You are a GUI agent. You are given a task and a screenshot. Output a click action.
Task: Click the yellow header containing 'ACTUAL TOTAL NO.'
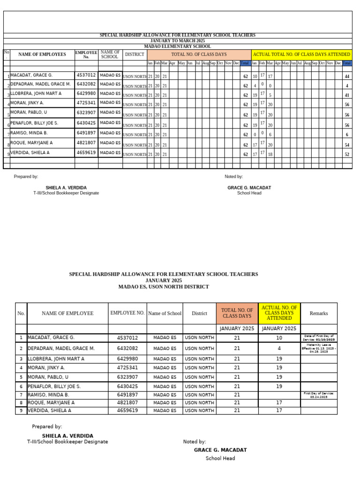[301, 54]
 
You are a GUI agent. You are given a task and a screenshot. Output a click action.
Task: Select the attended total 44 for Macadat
[347, 76]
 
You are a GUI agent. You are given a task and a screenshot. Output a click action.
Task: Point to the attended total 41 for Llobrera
[347, 95]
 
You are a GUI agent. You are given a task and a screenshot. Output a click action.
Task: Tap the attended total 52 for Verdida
[347, 154]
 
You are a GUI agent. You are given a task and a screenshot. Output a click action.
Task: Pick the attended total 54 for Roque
[347, 145]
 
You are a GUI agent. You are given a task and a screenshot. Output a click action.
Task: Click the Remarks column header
[319, 313]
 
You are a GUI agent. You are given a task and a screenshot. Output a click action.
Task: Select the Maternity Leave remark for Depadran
[319, 348]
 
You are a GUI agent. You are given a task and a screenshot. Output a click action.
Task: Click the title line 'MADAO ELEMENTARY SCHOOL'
[177, 46]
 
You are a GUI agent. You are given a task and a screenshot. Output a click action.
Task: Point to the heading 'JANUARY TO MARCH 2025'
[177, 41]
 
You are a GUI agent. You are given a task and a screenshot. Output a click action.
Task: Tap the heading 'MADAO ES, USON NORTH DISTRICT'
[164, 286]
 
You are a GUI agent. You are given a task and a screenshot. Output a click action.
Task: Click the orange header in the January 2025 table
[237, 313]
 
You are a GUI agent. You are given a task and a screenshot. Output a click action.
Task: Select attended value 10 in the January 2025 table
[279, 337]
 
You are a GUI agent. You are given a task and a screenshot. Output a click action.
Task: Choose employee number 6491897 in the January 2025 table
[127, 395]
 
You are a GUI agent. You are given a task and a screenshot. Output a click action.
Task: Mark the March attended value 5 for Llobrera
[270, 95]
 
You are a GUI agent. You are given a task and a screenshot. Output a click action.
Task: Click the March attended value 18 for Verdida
[270, 154]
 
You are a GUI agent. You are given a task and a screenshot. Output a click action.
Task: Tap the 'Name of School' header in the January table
[165, 313]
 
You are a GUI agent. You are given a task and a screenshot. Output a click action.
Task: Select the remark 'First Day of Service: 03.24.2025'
[319, 395]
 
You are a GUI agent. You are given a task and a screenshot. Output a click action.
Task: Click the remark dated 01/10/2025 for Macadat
[319, 337]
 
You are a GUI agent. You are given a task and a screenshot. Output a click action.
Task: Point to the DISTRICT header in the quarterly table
[135, 54]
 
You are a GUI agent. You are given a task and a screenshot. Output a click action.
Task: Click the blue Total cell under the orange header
[245, 63]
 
